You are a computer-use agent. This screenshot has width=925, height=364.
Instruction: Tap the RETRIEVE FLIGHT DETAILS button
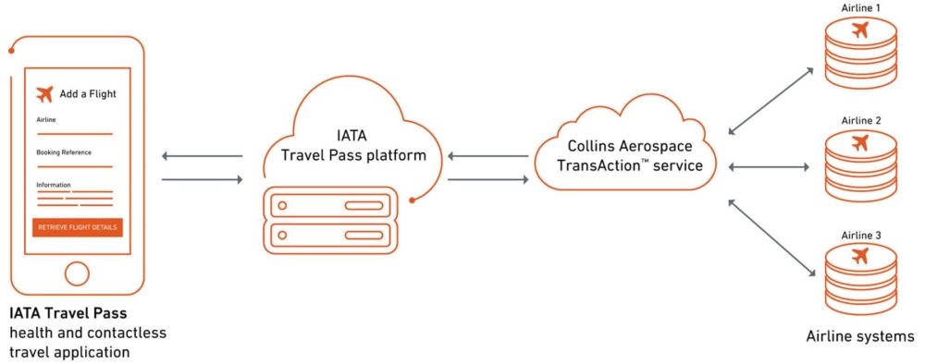[x=78, y=227]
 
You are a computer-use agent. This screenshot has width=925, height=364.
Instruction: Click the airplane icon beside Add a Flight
[x=44, y=93]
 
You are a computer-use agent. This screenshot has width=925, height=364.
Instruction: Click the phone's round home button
[x=78, y=273]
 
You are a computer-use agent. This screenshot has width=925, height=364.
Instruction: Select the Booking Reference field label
[x=63, y=152]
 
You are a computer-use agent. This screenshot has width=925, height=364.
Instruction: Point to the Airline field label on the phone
[x=46, y=121]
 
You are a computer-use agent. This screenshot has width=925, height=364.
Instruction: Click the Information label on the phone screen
[x=54, y=185]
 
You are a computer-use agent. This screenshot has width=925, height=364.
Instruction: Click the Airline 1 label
[x=860, y=7]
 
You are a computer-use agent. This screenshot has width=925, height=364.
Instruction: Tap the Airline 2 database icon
[x=860, y=164]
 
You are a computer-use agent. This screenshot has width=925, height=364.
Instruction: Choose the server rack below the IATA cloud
[x=331, y=220]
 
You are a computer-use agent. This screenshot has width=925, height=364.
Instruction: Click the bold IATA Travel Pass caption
[x=68, y=315]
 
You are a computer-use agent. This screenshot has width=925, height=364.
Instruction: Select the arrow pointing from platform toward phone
[x=202, y=156]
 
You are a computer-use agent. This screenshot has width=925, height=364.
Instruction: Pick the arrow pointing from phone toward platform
[x=202, y=179]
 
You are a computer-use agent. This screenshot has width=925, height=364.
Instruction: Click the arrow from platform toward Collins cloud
[x=487, y=179]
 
